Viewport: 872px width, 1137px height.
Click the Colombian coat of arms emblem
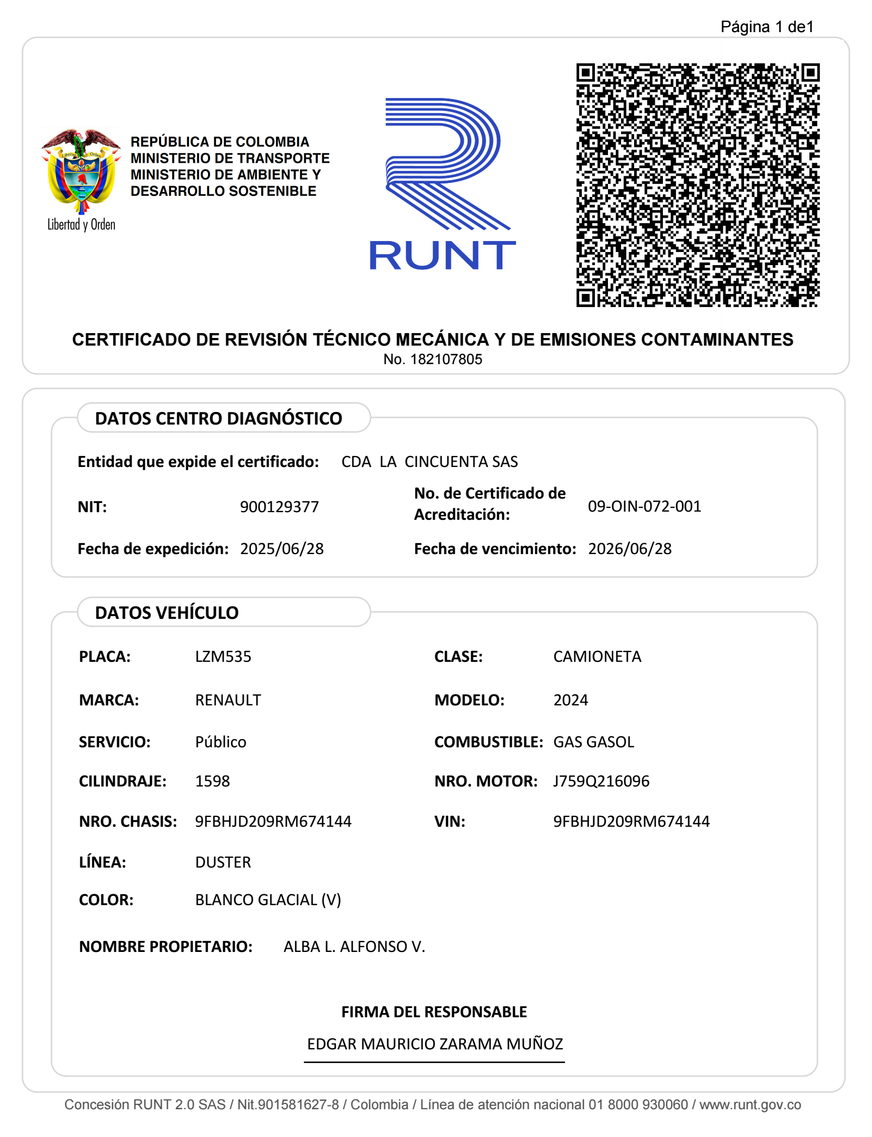[81, 171]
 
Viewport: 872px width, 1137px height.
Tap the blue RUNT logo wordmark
[442, 255]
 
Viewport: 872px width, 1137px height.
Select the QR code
[698, 185]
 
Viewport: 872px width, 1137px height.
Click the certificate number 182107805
[446, 359]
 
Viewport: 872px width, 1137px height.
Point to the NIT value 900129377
[279, 507]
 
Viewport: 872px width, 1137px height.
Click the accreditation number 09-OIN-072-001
[644, 506]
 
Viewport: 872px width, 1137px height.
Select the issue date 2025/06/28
[282, 549]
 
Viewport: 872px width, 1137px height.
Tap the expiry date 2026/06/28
[630, 549]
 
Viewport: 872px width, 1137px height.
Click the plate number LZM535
[223, 656]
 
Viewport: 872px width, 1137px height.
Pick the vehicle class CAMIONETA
[597, 656]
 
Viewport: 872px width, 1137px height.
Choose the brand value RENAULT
[228, 700]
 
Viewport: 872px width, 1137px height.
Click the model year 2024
[570, 700]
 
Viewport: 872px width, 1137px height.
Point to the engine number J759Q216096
[601, 781]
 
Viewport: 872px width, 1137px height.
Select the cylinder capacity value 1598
[212, 781]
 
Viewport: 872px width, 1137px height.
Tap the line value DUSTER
[223, 862]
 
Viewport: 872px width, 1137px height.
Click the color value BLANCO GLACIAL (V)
[268, 900]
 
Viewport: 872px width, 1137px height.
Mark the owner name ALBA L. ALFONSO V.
[354, 947]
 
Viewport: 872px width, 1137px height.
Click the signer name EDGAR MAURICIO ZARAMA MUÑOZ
[435, 1044]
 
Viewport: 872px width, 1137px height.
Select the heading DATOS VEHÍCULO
[167, 613]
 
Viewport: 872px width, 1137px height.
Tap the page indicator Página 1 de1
[766, 27]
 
